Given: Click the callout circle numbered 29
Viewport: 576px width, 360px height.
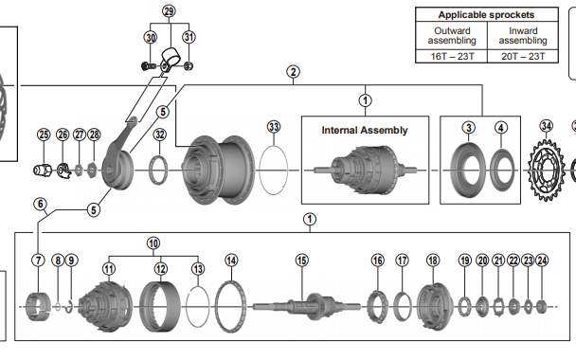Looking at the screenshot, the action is click(x=169, y=11).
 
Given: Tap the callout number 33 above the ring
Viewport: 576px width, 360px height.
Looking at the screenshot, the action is click(x=274, y=127).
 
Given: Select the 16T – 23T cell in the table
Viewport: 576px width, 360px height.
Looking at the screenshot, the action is click(x=452, y=56).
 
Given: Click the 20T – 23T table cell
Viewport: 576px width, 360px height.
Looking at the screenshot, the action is click(x=523, y=56).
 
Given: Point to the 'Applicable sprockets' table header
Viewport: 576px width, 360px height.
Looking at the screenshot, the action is click(x=486, y=15).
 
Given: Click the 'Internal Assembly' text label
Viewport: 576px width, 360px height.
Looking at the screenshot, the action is click(x=365, y=131).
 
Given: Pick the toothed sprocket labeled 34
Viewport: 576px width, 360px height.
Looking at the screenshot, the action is click(x=546, y=171).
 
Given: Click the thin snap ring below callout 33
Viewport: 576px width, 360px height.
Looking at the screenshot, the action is click(x=274, y=171).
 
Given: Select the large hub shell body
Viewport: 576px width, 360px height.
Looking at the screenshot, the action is click(x=219, y=171).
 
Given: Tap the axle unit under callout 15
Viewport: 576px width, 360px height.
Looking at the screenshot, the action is click(x=307, y=306).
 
